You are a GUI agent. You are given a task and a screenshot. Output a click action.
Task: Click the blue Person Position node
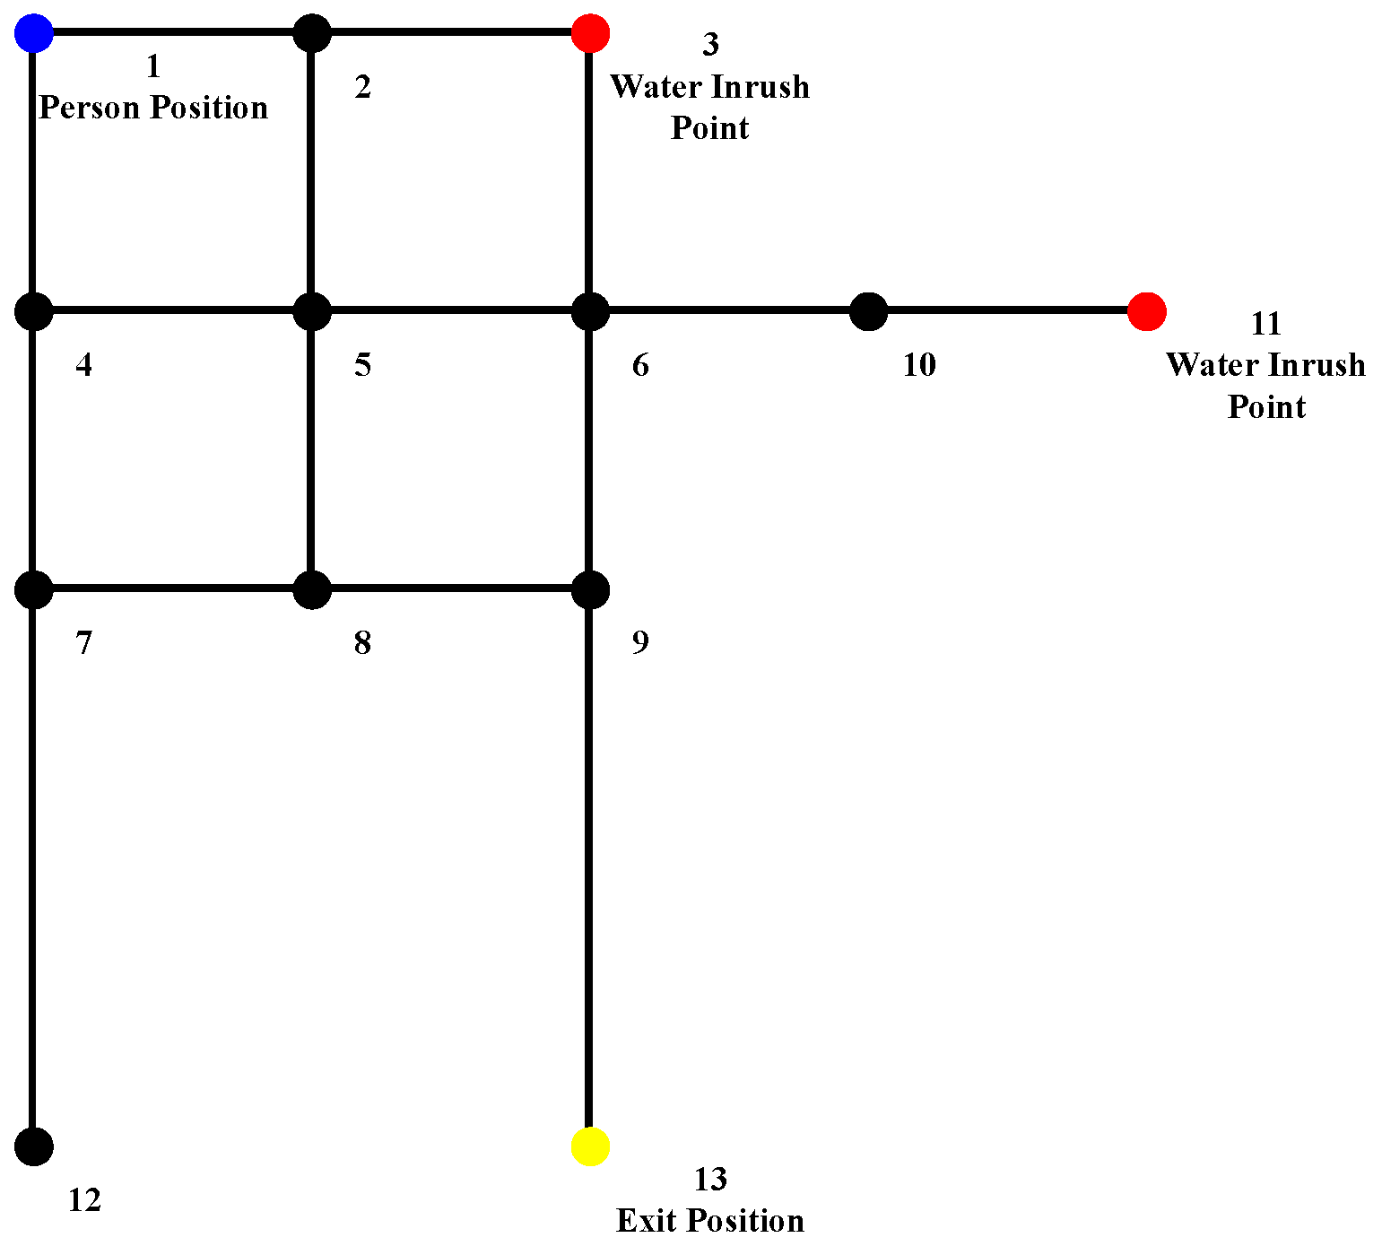tap(34, 33)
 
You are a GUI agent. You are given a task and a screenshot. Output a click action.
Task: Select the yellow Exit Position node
tap(590, 1146)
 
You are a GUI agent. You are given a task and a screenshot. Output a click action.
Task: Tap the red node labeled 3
tap(590, 33)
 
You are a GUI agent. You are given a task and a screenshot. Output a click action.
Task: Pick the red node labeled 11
tap(1146, 311)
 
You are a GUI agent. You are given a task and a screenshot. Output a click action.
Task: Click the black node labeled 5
tap(312, 311)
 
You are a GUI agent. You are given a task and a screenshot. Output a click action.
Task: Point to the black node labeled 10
tap(868, 311)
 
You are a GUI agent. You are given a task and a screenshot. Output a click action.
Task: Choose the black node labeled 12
tap(34, 1146)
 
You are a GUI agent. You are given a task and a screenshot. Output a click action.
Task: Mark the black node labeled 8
tap(312, 589)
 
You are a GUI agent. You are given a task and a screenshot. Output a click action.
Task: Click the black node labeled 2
tap(312, 33)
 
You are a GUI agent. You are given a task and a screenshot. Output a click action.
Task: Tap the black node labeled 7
tap(34, 589)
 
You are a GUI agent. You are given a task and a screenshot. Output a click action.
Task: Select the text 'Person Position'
tap(153, 108)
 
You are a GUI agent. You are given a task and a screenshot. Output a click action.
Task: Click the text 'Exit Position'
tap(709, 1221)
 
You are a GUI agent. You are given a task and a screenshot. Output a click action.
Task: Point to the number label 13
tap(709, 1180)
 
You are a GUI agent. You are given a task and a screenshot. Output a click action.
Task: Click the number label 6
tap(640, 365)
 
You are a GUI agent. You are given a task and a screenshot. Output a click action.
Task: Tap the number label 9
tap(640, 642)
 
